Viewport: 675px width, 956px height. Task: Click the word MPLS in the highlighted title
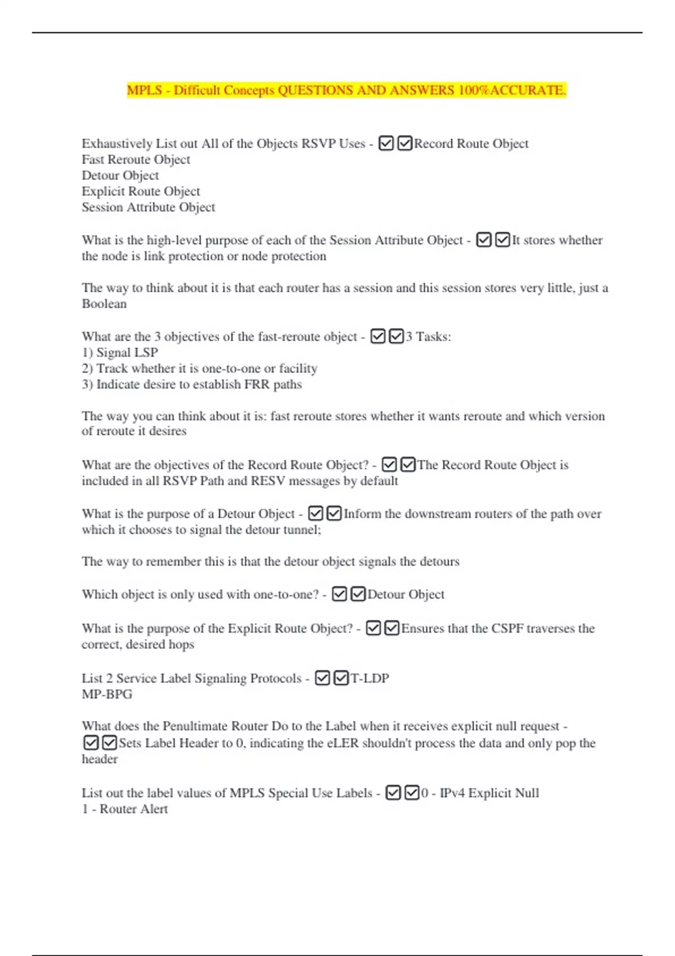pyautogui.click(x=145, y=90)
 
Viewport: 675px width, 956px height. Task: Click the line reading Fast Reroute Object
pyautogui.click(x=136, y=160)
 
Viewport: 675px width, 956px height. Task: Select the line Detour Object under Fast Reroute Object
pyautogui.click(x=120, y=175)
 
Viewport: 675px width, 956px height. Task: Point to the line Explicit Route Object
pyautogui.click(x=141, y=191)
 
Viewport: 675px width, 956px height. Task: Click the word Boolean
pyautogui.click(x=104, y=304)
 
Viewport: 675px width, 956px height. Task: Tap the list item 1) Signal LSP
pyautogui.click(x=120, y=353)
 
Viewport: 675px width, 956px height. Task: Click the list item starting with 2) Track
pyautogui.click(x=199, y=368)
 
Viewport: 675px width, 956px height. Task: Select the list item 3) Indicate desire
pyautogui.click(x=191, y=385)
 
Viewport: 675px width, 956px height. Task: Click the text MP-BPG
pyautogui.click(x=107, y=694)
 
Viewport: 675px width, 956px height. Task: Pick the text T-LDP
pyautogui.click(x=370, y=678)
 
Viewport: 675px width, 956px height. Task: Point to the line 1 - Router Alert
pyautogui.click(x=124, y=809)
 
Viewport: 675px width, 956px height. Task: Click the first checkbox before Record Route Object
pyautogui.click(x=386, y=144)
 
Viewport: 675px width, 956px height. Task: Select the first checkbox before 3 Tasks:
pyautogui.click(x=378, y=336)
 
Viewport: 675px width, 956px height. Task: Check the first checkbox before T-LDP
pyautogui.click(x=322, y=678)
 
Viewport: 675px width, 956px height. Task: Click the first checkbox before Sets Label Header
pyautogui.click(x=91, y=743)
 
